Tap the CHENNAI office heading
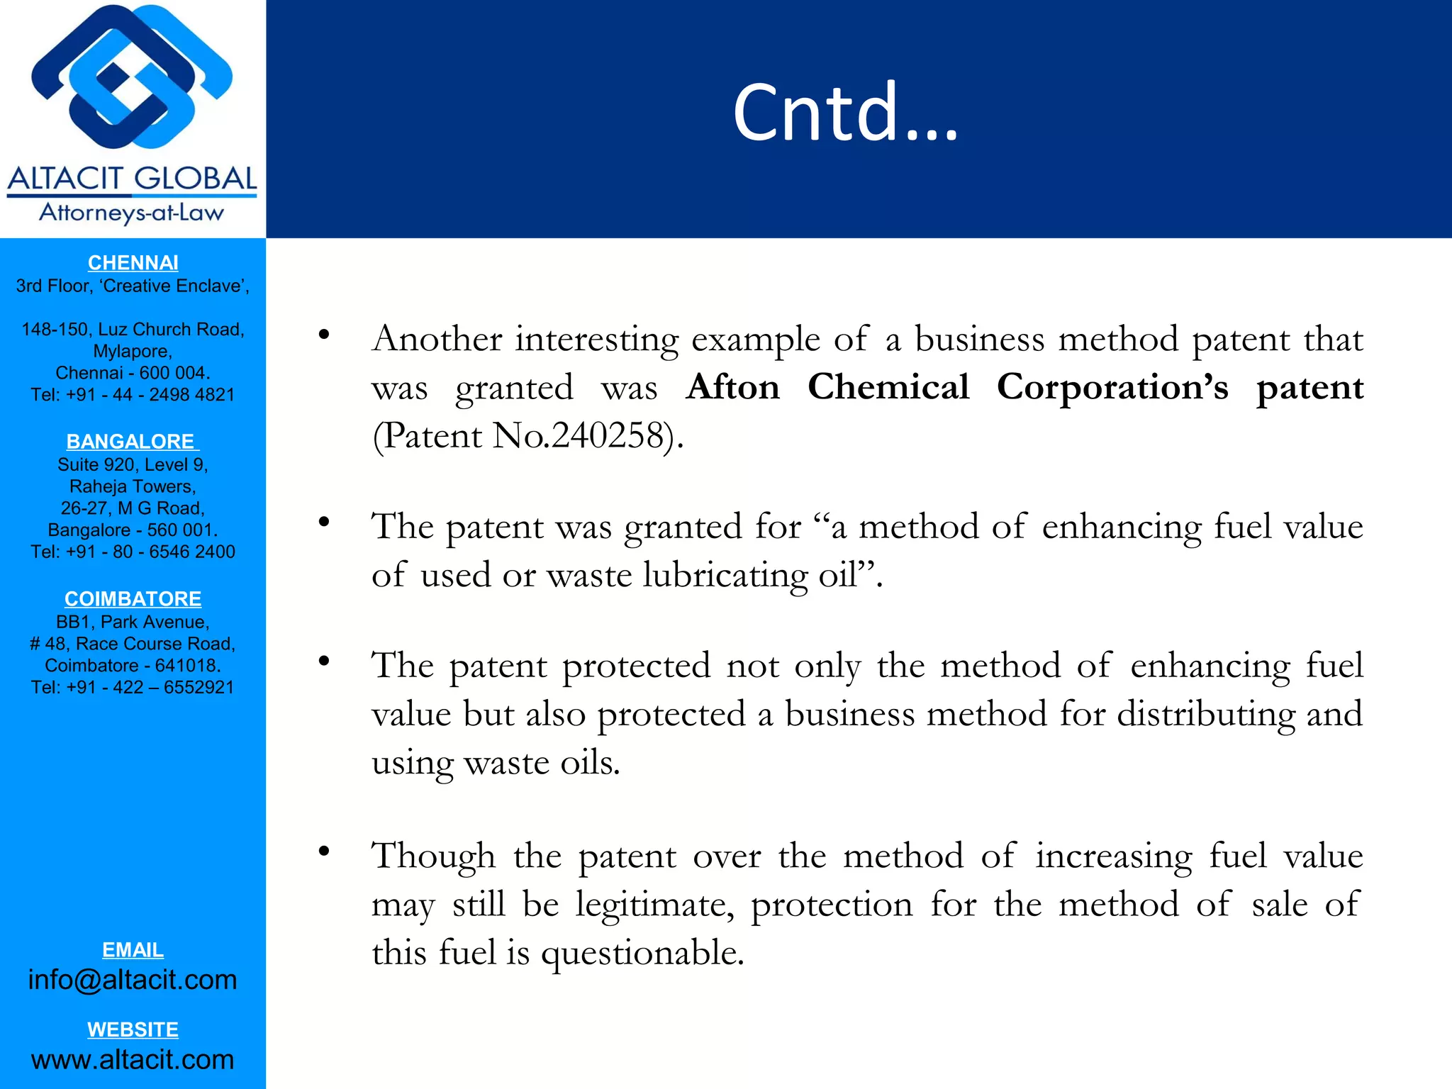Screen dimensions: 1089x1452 133,263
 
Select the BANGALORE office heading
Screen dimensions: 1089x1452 132,442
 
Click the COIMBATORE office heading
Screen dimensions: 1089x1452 133,599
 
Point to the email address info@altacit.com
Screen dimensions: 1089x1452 133,980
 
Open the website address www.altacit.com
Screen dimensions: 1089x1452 133,1060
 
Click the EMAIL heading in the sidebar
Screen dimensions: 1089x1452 133,950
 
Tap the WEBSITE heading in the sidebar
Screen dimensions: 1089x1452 133,1030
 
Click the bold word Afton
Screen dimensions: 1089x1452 733,388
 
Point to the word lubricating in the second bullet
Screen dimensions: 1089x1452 725,575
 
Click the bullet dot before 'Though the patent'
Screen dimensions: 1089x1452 324,851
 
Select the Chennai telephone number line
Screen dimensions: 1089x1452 133,395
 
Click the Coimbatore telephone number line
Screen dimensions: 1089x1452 133,688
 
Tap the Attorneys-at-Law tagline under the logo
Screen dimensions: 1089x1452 132,213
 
